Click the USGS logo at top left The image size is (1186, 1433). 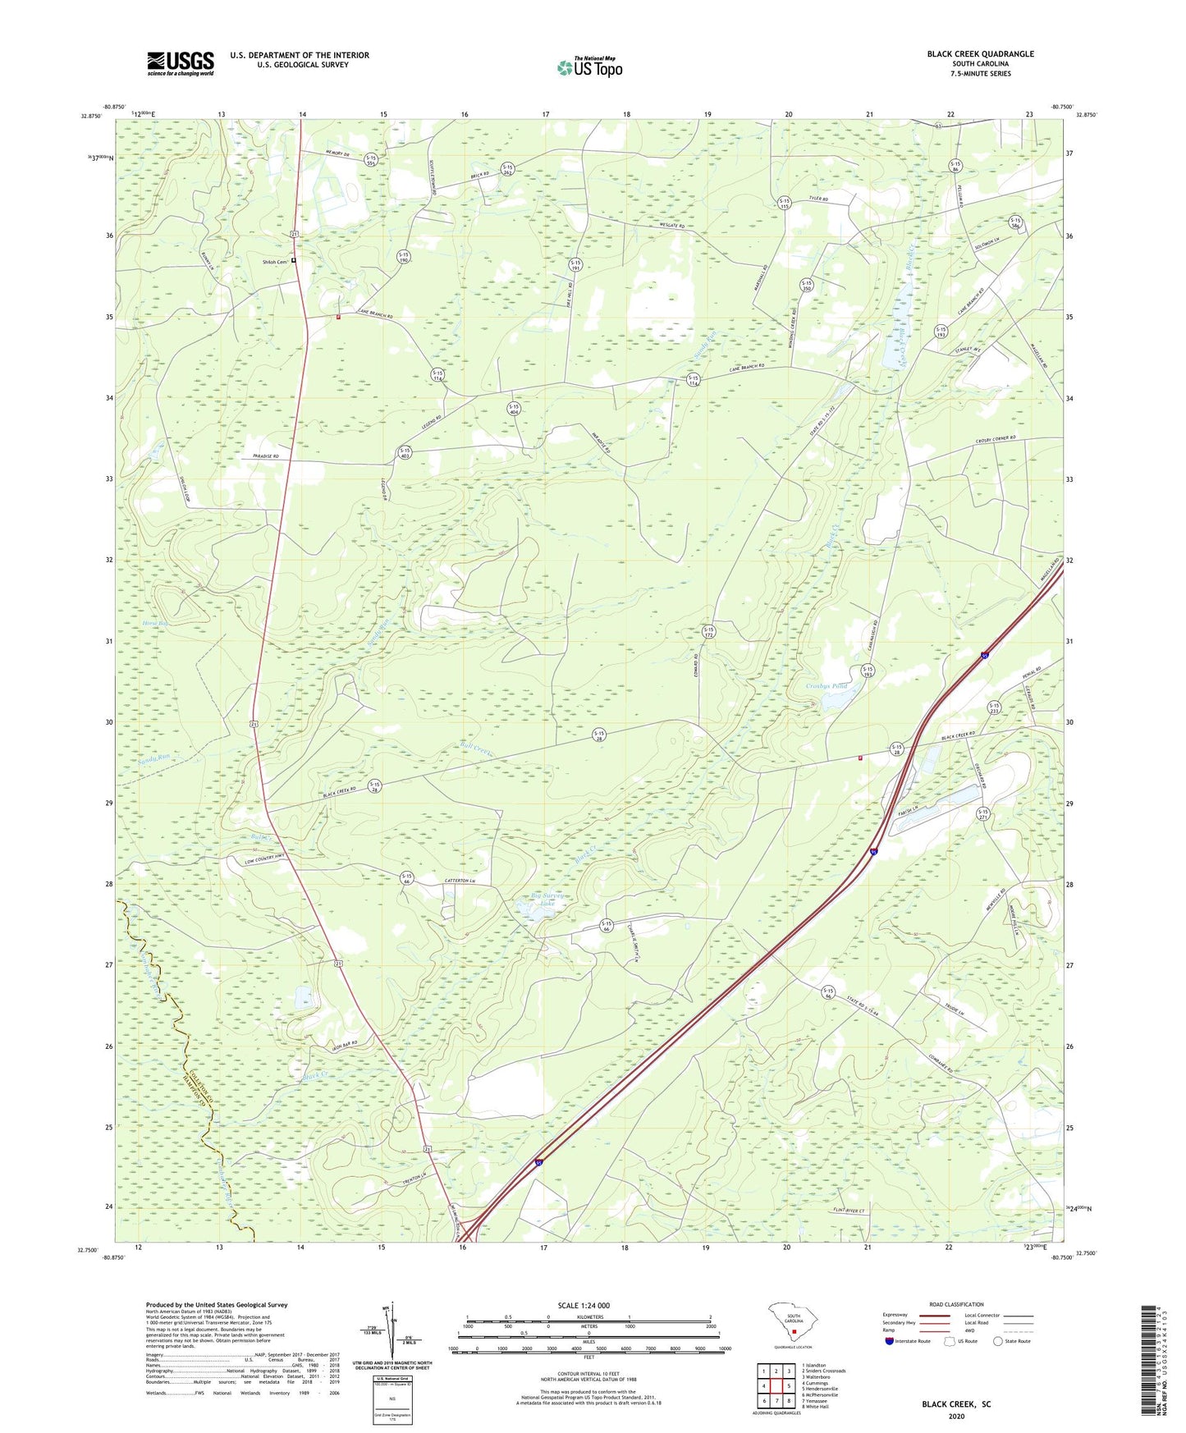pos(180,63)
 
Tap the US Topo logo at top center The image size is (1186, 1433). pos(589,67)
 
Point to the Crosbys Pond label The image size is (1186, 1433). pos(826,686)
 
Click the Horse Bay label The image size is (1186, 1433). pos(155,623)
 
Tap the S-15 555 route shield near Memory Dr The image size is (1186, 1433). pos(371,161)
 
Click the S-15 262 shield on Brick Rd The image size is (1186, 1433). pos(507,170)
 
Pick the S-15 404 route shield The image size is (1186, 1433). pos(514,409)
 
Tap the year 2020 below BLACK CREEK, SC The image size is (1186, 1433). pos(955,1416)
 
